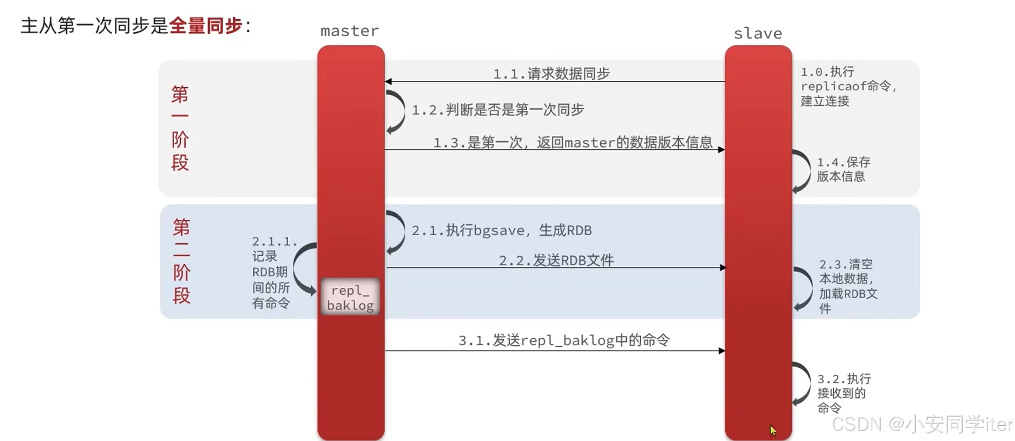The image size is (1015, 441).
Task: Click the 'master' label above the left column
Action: (349, 31)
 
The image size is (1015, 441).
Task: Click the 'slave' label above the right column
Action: (758, 34)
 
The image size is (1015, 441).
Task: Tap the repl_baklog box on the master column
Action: (350, 297)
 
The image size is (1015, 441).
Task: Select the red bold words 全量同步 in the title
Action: (205, 26)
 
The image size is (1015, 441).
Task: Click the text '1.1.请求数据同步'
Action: (551, 73)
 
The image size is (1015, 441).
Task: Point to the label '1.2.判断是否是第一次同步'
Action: (497, 110)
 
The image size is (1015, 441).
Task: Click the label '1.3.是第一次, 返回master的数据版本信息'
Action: (573, 142)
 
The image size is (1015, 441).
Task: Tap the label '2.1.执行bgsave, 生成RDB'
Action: (501, 230)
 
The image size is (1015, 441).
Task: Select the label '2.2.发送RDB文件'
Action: (556, 260)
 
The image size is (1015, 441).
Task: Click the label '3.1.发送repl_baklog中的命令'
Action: (564, 340)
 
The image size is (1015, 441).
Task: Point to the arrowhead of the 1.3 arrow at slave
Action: (721, 150)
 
